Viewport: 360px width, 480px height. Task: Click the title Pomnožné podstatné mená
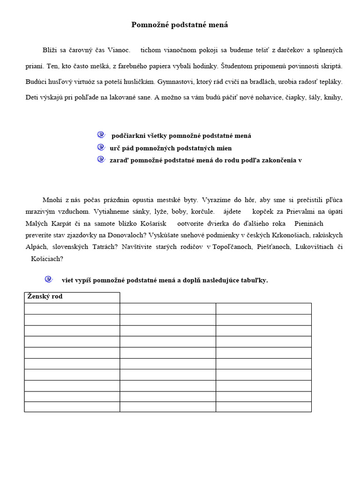pos(180,25)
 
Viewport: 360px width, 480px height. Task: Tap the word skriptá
pos(330,66)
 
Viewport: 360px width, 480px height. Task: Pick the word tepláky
pos(330,82)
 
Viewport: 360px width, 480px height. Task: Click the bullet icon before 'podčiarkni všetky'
pos(101,135)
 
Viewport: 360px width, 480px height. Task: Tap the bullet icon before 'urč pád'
pos(101,147)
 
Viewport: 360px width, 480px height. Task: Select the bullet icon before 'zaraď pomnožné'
pos(101,159)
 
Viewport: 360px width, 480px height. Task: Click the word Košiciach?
pos(47,258)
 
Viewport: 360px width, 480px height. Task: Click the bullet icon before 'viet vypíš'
pos(49,279)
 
